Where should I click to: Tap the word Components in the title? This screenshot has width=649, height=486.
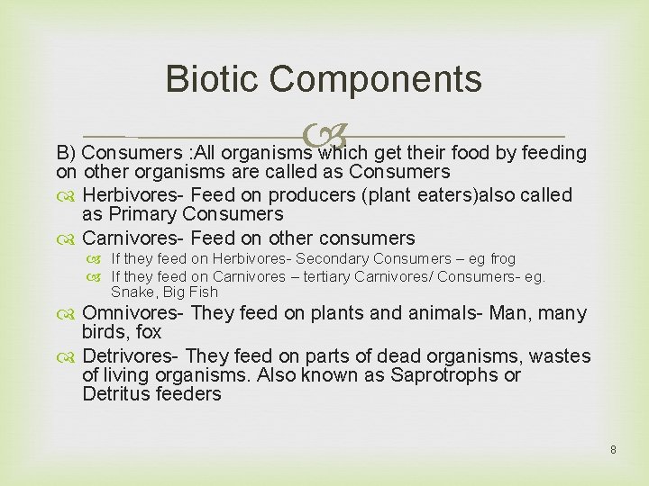pyautogui.click(x=376, y=79)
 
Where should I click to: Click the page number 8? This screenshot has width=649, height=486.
pyautogui.click(x=613, y=448)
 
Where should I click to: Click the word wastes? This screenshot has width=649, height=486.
pyautogui.click(x=560, y=356)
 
